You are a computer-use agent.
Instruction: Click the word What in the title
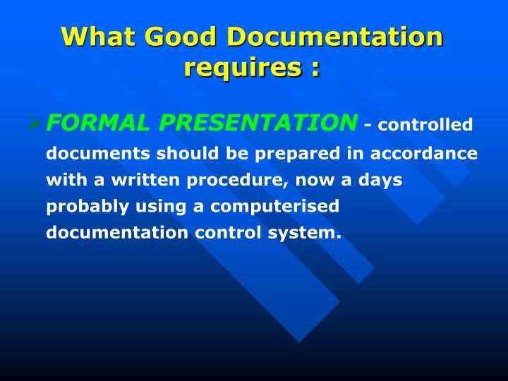pos(98,36)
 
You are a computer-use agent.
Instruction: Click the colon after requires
pos(314,69)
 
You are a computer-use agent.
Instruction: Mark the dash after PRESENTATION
pos(368,126)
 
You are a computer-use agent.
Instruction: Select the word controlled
pos(425,125)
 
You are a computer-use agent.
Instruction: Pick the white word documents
pos(97,153)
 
